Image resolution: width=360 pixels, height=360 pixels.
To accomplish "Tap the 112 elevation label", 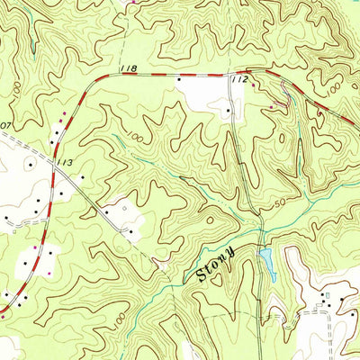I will pyautogui.click(x=238, y=80).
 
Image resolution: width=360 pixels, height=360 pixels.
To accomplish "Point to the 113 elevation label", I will pyautogui.click(x=63, y=163).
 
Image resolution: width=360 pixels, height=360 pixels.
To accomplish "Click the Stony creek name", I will pyautogui.click(x=215, y=266).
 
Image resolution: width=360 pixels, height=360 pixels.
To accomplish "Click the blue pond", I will pyautogui.click(x=266, y=262).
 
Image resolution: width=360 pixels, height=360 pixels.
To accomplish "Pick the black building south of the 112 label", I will pyautogui.click(x=229, y=112).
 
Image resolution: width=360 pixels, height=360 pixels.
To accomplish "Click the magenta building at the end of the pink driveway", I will pyautogui.click(x=273, y=107).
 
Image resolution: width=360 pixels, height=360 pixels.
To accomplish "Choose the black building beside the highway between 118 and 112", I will pyautogui.click(x=179, y=81).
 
